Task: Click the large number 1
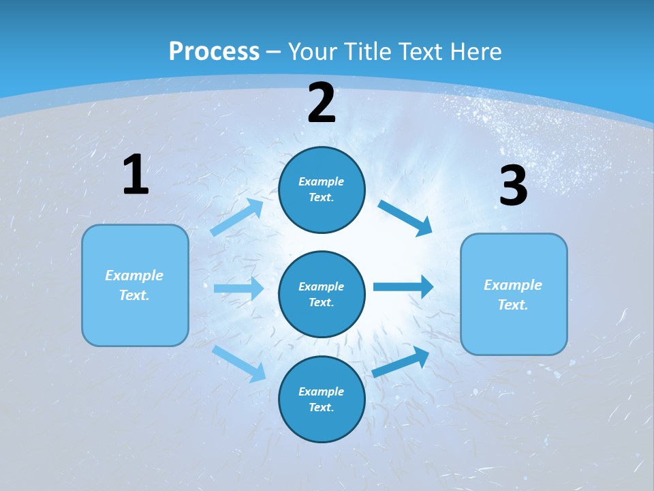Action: [x=136, y=175]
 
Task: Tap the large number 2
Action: [x=322, y=103]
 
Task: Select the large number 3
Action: [x=513, y=186]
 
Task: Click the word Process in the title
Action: [x=214, y=51]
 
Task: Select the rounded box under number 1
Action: [x=135, y=285]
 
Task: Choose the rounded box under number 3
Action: [x=514, y=294]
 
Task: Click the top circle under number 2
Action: [x=322, y=190]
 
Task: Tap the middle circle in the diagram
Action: [x=322, y=294]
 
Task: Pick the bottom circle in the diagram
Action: [x=322, y=399]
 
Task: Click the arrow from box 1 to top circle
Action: [x=237, y=218]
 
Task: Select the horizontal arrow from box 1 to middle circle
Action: [x=238, y=288]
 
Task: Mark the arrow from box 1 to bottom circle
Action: [x=239, y=363]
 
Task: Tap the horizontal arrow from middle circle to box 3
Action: [x=403, y=286]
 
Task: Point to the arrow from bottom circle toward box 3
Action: [x=401, y=362]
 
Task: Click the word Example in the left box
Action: [x=134, y=276]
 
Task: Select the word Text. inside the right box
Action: [x=513, y=305]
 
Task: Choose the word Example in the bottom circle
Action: [x=321, y=391]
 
